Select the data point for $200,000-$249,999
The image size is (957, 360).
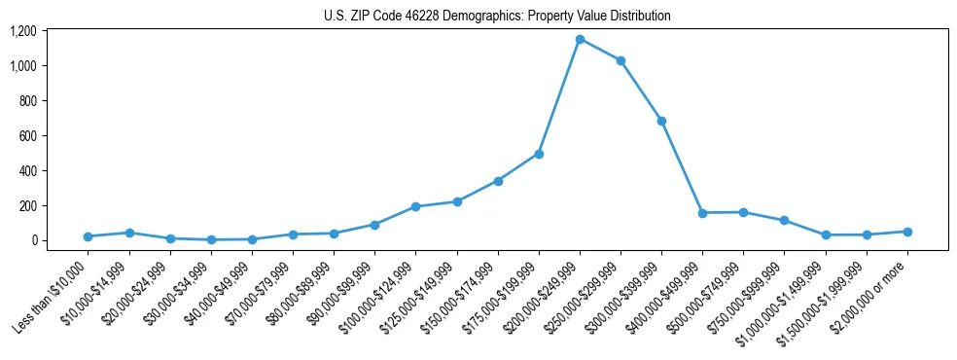[580, 40]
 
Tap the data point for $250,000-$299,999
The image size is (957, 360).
[620, 61]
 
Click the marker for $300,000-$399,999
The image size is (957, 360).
[661, 121]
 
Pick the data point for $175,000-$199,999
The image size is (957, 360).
[539, 154]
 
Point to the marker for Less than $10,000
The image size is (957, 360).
[89, 236]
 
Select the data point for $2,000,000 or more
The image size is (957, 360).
[907, 232]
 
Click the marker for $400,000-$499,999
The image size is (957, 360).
[702, 213]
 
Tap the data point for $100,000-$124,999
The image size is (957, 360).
[415, 206]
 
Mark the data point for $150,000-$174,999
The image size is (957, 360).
[498, 181]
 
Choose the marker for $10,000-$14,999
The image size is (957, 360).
[129, 233]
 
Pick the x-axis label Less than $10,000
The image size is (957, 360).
[53, 292]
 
